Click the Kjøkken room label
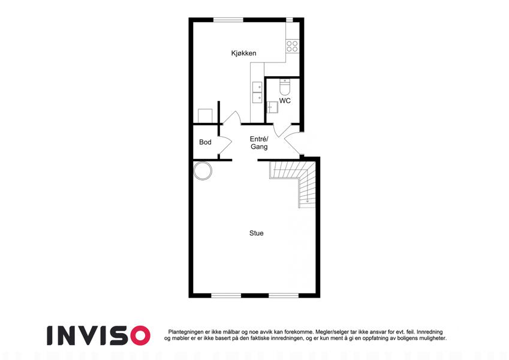click(x=243, y=53)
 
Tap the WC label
click(x=285, y=101)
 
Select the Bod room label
click(x=205, y=142)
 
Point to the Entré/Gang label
click(x=259, y=143)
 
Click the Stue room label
click(x=257, y=233)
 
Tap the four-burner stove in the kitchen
click(x=292, y=46)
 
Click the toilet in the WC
click(x=285, y=86)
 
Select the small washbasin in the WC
click(x=272, y=107)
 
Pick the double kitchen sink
click(x=257, y=92)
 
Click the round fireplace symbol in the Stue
click(x=203, y=170)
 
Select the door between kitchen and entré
click(x=231, y=118)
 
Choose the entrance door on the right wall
click(x=293, y=144)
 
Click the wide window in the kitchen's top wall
click(x=228, y=20)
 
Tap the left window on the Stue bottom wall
click(x=226, y=295)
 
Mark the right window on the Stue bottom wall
click(x=284, y=295)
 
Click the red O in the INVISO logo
click(x=140, y=335)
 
